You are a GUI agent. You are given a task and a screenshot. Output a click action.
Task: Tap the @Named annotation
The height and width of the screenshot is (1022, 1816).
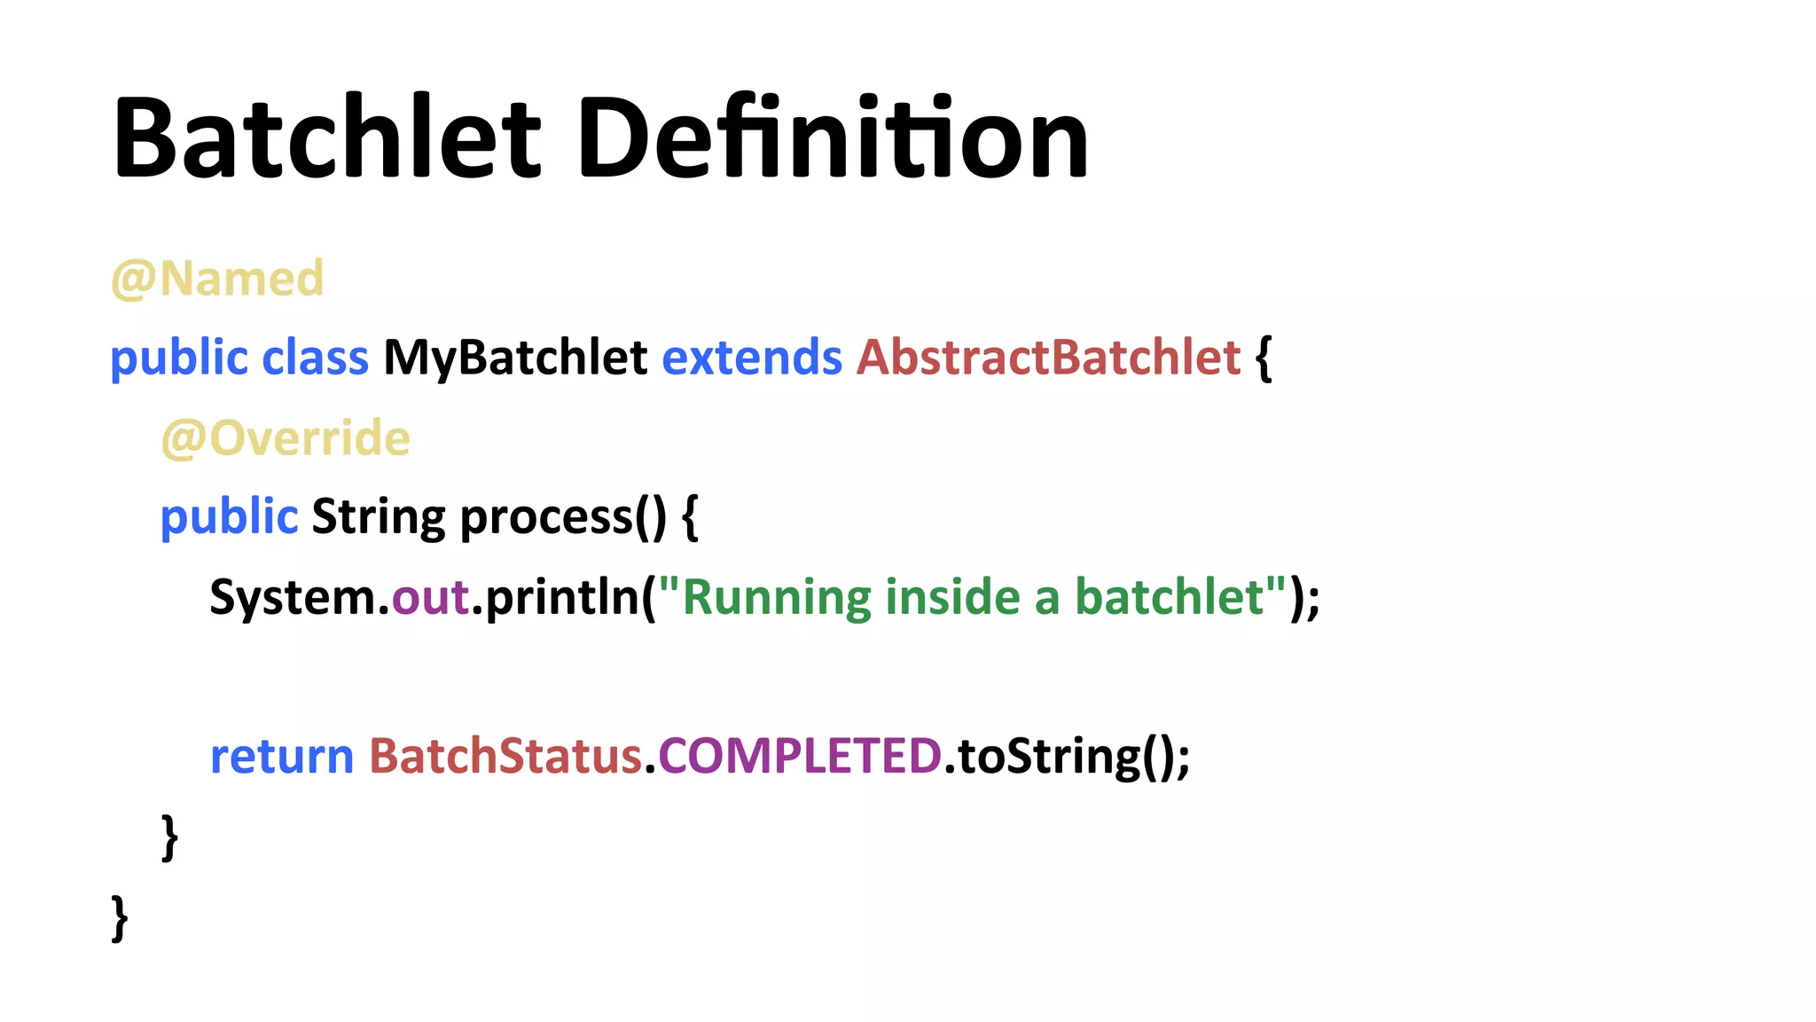pos(217,279)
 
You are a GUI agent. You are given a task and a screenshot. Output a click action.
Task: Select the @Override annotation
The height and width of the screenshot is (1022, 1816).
pos(286,439)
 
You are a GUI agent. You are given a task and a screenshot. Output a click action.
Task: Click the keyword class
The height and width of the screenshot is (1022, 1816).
pos(315,358)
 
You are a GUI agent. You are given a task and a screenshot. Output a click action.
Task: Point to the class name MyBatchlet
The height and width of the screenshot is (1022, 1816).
pos(515,358)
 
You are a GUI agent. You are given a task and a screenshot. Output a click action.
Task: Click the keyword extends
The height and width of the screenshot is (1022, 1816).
pos(752,358)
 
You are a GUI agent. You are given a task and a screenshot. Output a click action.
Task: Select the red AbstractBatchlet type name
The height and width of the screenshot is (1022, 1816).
pos(1048,358)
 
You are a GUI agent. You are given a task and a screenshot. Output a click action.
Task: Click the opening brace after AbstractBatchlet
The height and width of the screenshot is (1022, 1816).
pos(1264,358)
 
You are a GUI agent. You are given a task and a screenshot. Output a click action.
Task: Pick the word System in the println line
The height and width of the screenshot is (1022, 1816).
pos(293,598)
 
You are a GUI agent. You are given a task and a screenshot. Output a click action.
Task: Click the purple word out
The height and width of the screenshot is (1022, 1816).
pos(430,598)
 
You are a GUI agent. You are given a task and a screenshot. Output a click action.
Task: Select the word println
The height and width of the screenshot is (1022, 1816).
pos(562,598)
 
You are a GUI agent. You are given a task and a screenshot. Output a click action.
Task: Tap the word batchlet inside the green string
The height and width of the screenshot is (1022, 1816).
pos(1170,598)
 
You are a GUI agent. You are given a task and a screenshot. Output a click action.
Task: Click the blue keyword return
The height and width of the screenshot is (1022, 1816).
pos(282,757)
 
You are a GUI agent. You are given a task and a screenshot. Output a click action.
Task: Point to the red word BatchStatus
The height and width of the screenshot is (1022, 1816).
pos(505,757)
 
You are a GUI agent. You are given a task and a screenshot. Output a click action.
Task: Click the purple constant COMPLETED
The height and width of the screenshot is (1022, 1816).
pos(799,757)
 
